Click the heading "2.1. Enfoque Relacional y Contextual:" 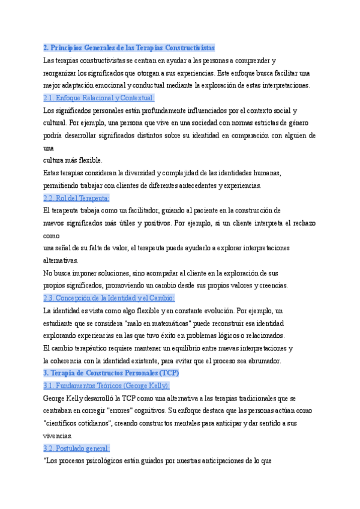pyautogui.click(x=99, y=98)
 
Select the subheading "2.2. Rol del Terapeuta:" pyautogui.click(x=76, y=198)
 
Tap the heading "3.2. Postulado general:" pyautogui.click(x=76, y=448)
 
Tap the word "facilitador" pyautogui.click(x=139, y=211)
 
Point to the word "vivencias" pyautogui.click(x=58, y=436)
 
